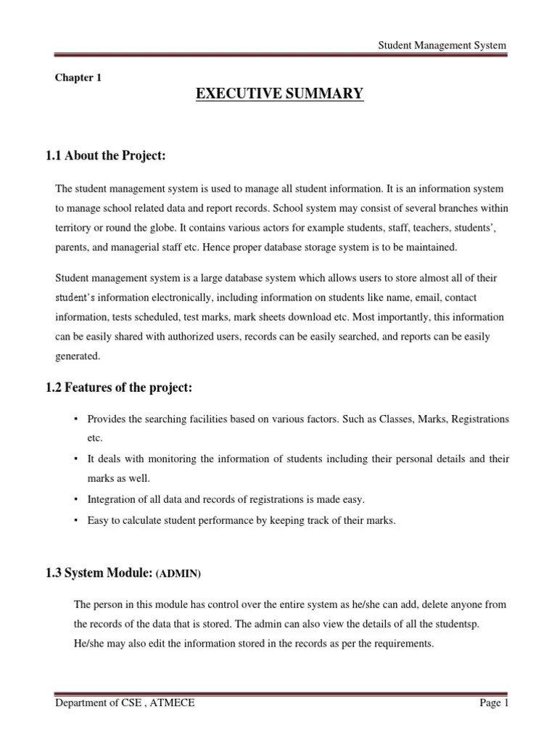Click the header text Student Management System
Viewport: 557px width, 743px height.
tap(443, 45)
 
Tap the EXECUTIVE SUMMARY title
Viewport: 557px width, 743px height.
tap(280, 94)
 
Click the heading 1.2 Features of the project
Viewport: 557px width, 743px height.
tap(120, 388)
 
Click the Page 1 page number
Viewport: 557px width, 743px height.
tap(494, 703)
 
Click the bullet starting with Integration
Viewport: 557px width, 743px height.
tap(226, 499)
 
